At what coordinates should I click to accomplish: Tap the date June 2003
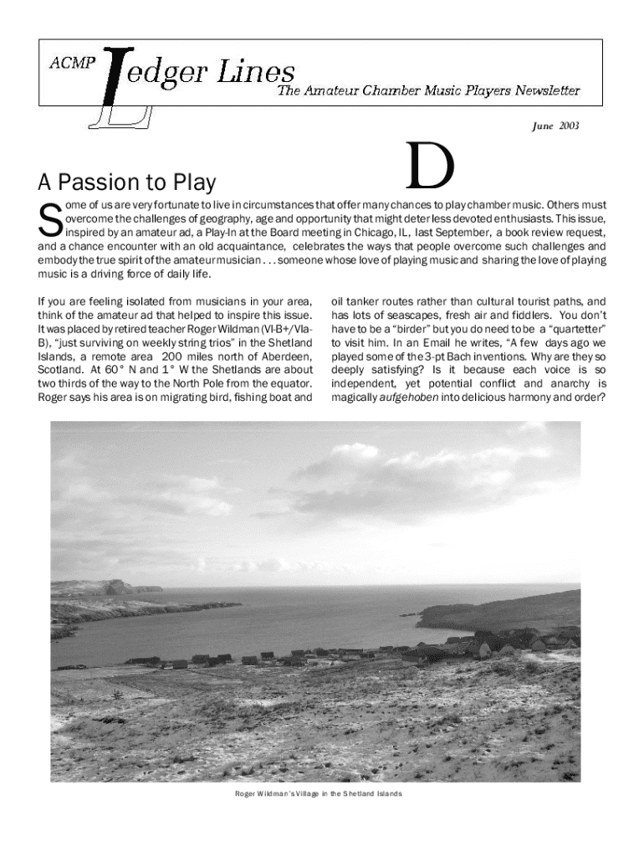[556, 126]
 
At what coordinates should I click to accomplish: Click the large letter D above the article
[430, 167]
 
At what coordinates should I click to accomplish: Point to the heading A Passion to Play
[126, 182]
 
